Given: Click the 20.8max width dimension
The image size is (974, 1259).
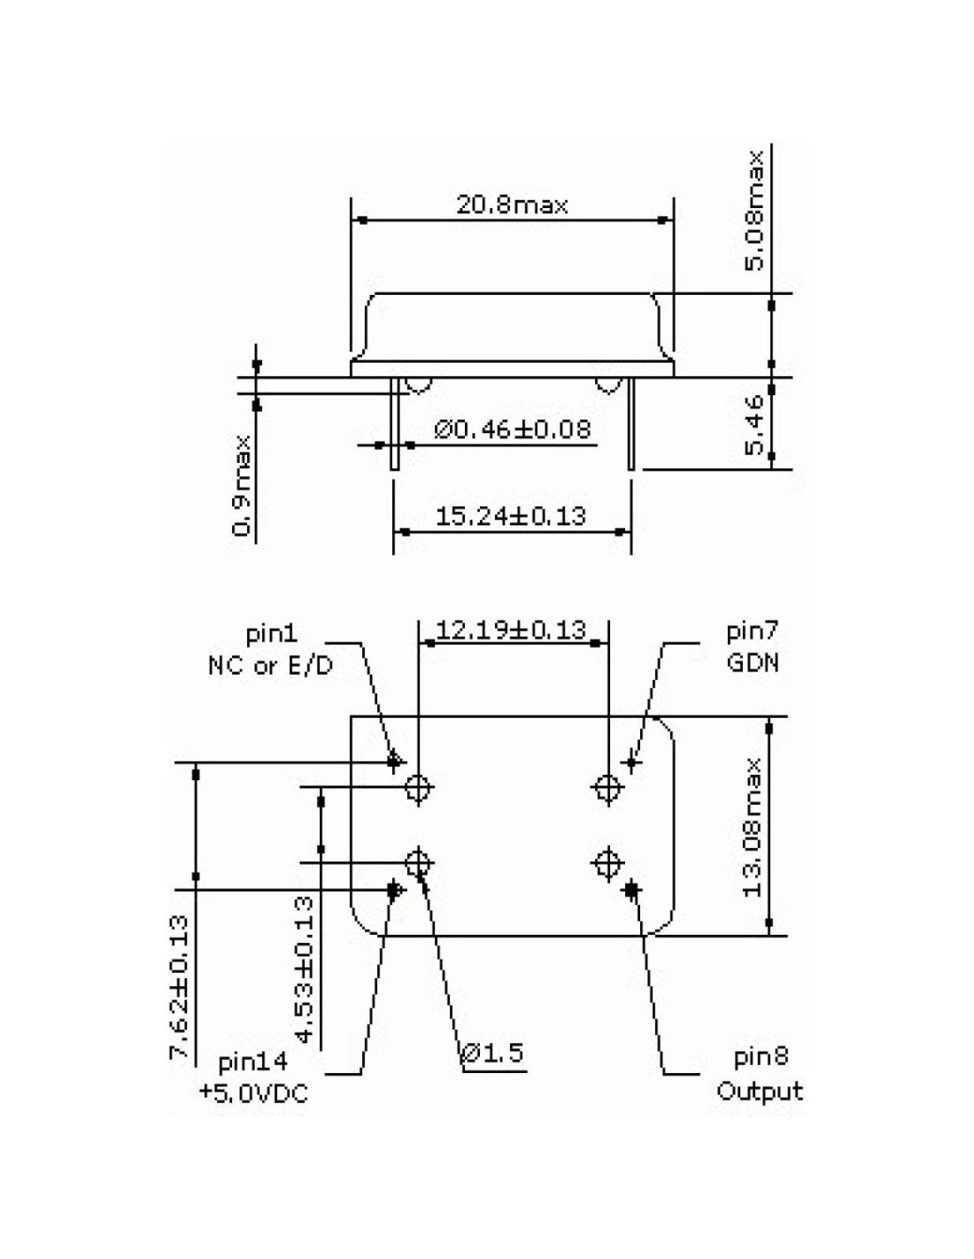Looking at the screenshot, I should point(512,206).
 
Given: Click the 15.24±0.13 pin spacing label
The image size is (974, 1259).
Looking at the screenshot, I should point(511,515).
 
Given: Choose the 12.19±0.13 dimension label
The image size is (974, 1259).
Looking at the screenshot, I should point(511,629).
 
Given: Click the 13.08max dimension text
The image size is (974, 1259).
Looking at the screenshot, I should point(754,826).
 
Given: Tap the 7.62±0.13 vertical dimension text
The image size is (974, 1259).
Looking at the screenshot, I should point(180,987).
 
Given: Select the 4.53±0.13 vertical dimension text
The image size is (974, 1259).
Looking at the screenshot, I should point(304,969).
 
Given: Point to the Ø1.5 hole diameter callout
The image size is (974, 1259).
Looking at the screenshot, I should point(493,1053).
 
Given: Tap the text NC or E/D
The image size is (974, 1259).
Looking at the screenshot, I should point(270,665).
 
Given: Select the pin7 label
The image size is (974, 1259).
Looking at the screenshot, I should point(753,632).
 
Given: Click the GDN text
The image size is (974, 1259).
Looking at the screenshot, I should point(753,662).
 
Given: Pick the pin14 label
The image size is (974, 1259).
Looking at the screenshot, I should point(253,1062).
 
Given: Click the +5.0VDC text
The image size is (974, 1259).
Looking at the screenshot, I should point(253,1093).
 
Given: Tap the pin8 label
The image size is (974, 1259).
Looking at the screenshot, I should point(761,1057).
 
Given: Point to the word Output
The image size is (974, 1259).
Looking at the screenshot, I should point(760,1091).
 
